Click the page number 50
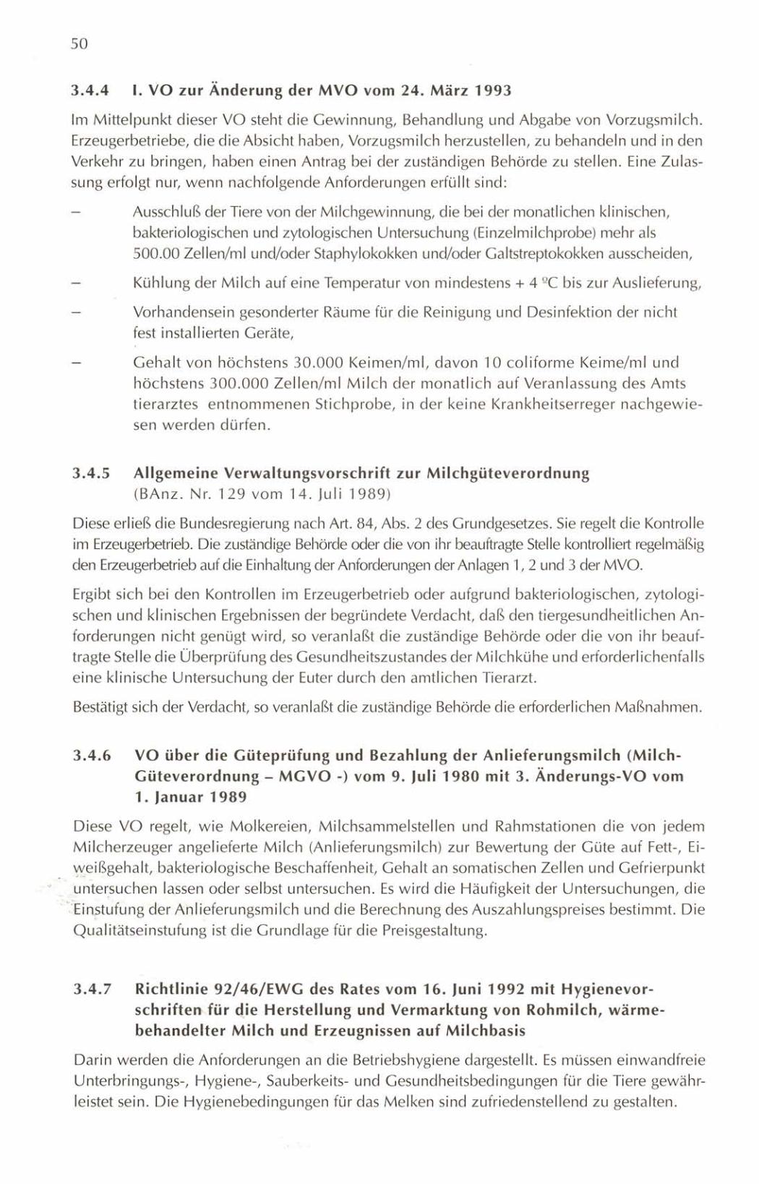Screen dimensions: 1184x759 point(79,44)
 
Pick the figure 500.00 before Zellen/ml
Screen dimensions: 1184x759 point(156,254)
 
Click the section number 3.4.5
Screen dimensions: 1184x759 point(91,474)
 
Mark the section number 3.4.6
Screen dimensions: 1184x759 point(91,755)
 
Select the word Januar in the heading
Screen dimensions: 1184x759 point(177,797)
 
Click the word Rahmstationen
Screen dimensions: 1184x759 point(536,826)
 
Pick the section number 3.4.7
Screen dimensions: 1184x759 point(91,989)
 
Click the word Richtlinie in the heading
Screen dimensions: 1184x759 point(171,989)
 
